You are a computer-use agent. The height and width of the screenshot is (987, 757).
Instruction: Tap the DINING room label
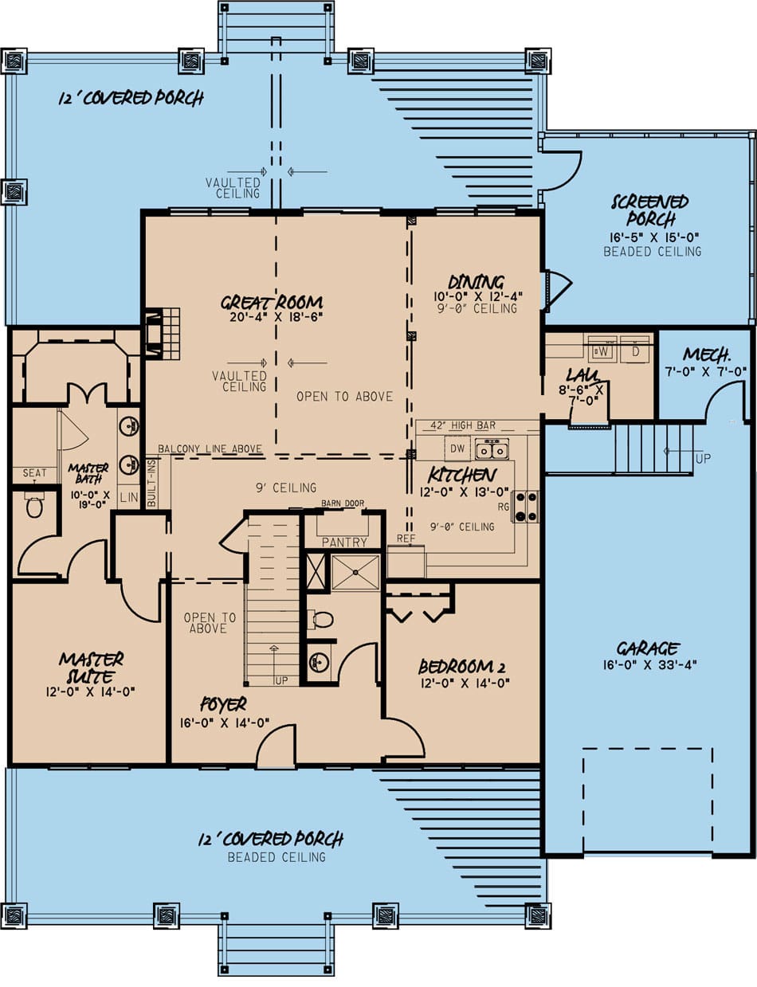(476, 281)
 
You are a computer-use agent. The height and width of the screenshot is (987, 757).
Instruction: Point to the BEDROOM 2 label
(464, 667)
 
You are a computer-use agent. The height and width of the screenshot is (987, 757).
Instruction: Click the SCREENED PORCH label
(649, 210)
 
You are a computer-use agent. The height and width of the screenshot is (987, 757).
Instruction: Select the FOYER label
(223, 704)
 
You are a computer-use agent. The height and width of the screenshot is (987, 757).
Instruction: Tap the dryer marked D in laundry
(635, 350)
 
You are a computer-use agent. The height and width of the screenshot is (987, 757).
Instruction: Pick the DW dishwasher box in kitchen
(456, 449)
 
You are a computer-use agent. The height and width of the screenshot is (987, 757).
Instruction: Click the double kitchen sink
(492, 450)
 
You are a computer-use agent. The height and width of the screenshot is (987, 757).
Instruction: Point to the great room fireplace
(154, 333)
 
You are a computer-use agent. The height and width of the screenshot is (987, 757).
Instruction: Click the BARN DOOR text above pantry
(342, 503)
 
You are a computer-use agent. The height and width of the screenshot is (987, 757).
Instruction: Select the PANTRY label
(344, 542)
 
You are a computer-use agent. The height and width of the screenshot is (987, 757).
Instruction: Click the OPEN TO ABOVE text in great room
(344, 396)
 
